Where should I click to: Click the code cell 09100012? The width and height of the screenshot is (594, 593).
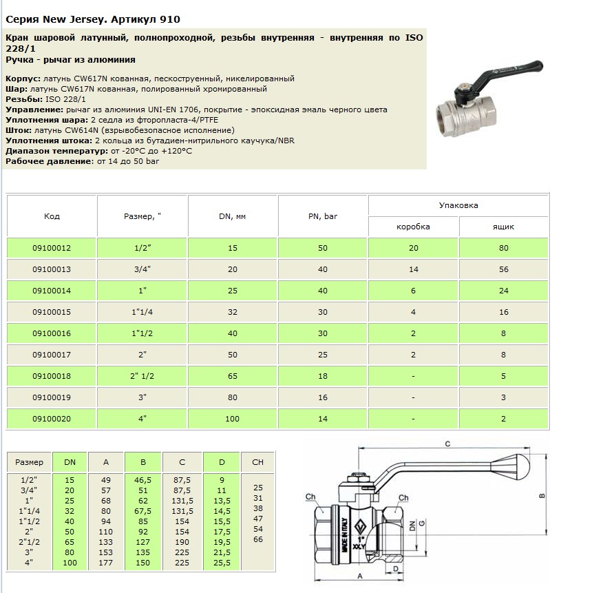click(52, 248)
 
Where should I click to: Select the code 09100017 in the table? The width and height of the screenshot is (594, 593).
click(52, 355)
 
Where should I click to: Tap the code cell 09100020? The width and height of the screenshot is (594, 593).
click(52, 419)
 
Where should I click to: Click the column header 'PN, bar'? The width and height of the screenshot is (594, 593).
click(323, 216)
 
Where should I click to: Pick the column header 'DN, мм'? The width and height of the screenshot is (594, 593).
click(233, 216)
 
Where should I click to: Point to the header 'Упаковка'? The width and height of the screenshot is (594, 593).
click(458, 205)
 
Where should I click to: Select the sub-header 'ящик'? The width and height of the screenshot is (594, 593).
click(504, 227)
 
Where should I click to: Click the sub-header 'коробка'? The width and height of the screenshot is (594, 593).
click(414, 227)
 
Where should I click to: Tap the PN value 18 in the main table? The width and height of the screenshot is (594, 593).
click(323, 376)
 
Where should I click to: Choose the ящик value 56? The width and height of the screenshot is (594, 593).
click(504, 269)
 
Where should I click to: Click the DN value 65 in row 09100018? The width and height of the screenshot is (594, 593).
click(233, 376)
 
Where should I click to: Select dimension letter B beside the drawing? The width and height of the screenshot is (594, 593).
click(542, 495)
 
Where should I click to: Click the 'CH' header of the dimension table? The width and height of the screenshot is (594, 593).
click(258, 462)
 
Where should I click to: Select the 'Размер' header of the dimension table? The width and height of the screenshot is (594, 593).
click(29, 462)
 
